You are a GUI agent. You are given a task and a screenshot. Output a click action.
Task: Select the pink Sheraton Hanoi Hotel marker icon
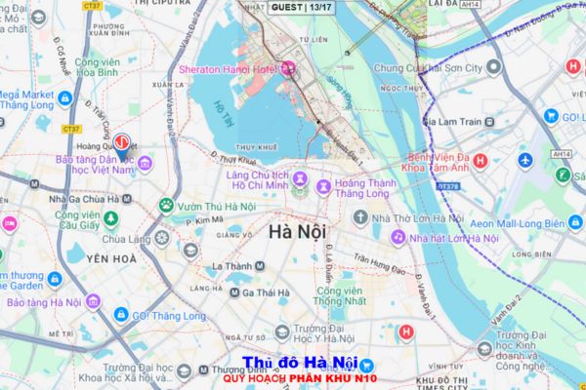click(x=287, y=68)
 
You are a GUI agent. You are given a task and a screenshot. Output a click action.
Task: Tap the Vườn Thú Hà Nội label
click(x=218, y=206)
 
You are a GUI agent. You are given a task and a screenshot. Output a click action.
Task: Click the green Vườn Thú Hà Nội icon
click(x=166, y=206)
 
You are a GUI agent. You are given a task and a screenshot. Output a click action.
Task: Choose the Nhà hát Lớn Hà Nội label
click(x=455, y=237)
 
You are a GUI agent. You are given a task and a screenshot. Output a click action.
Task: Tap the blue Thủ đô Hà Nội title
click(x=300, y=365)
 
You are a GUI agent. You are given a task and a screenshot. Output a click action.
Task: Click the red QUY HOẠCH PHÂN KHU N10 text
click(x=299, y=379)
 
